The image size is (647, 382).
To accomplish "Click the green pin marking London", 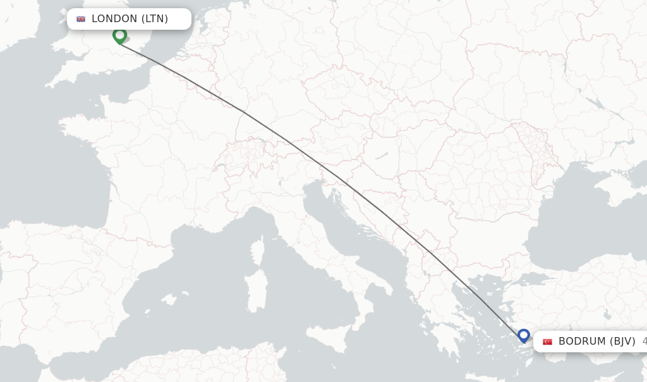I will click(x=119, y=35).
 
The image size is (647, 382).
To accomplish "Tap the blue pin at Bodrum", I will click(x=523, y=335).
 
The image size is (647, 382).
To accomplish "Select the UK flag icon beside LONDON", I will click(x=81, y=19).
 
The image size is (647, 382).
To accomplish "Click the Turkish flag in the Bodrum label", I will click(x=547, y=342).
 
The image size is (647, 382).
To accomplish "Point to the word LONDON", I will click(x=114, y=19).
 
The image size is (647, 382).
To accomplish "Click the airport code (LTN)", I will click(x=154, y=19).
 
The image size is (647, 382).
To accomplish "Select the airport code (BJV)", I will click(x=622, y=342).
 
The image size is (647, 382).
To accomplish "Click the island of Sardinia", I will click(x=256, y=292).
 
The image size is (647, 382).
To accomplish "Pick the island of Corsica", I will click(x=258, y=250).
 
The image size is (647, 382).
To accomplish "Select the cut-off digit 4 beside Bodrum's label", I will click(x=644, y=342).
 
